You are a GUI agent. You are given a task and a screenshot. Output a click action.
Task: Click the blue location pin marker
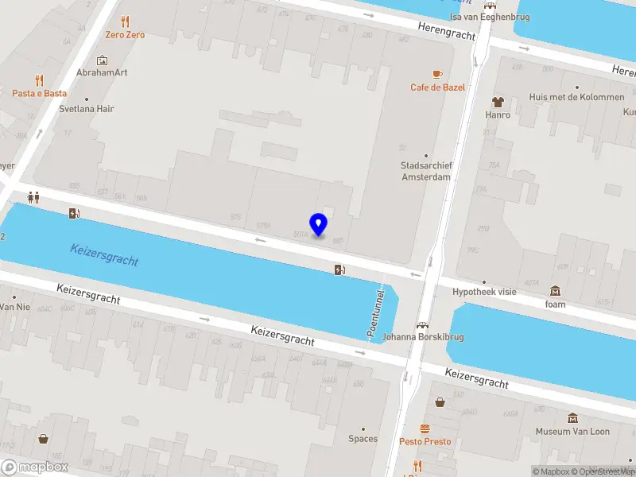(x=318, y=225)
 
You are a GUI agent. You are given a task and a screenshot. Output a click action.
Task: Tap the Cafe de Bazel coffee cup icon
(x=436, y=74)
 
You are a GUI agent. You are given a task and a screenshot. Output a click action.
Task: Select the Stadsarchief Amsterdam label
(x=426, y=171)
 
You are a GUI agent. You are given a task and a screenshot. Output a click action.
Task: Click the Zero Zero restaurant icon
(x=125, y=21)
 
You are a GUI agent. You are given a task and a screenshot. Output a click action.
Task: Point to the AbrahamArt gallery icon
(x=102, y=60)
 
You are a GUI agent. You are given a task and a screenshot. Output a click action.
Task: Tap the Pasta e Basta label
(x=39, y=93)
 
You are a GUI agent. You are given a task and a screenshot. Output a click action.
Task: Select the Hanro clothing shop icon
(x=498, y=102)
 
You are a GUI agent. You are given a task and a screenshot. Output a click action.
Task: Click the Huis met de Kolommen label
(x=576, y=98)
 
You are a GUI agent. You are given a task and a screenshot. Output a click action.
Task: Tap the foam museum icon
(x=555, y=291)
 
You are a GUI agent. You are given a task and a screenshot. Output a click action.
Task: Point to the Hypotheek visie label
(x=484, y=292)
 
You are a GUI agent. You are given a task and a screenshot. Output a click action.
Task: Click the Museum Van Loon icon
(x=572, y=418)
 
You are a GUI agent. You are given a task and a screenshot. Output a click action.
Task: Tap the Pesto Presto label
(x=425, y=441)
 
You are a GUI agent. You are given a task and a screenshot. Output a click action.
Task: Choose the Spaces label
(x=363, y=439)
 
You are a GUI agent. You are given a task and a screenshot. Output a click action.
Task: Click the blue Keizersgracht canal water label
(x=104, y=254)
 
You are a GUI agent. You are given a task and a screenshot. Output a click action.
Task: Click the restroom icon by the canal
(x=33, y=196)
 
